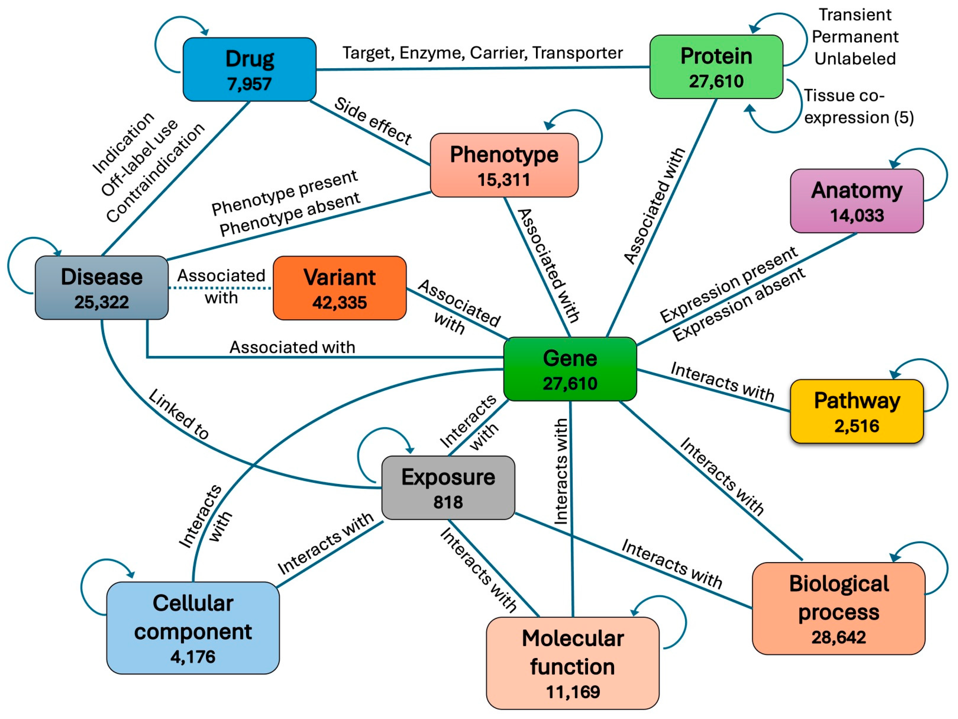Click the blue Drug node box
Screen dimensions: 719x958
coord(250,69)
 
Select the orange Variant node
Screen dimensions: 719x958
coord(340,288)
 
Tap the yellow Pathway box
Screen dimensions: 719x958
coord(857,411)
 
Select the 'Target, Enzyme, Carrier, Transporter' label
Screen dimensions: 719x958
coord(482,53)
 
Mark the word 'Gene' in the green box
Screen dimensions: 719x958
coord(570,359)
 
